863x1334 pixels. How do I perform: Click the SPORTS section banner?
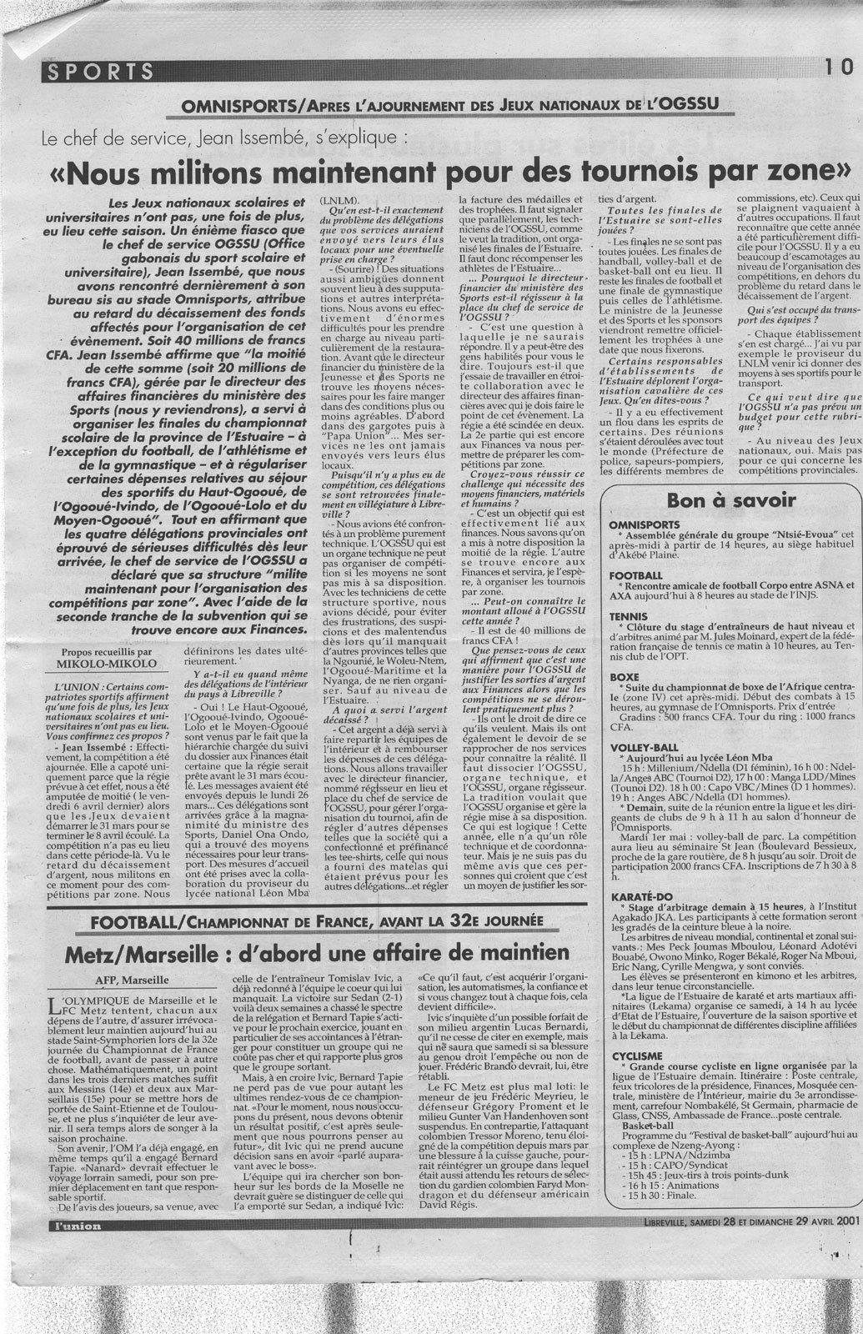click(99, 73)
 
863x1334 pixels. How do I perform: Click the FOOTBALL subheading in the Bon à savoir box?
click(636, 576)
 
